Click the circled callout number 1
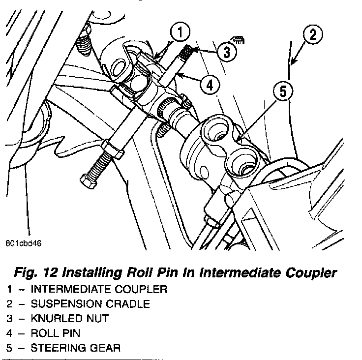click(x=180, y=33)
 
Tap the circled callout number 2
click(x=313, y=35)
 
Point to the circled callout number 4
click(x=210, y=84)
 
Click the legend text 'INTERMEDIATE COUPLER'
click(x=99, y=289)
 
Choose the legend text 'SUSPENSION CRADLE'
click(x=90, y=304)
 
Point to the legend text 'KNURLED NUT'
click(x=69, y=319)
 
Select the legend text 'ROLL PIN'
click(x=55, y=333)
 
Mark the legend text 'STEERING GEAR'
click(x=75, y=348)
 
